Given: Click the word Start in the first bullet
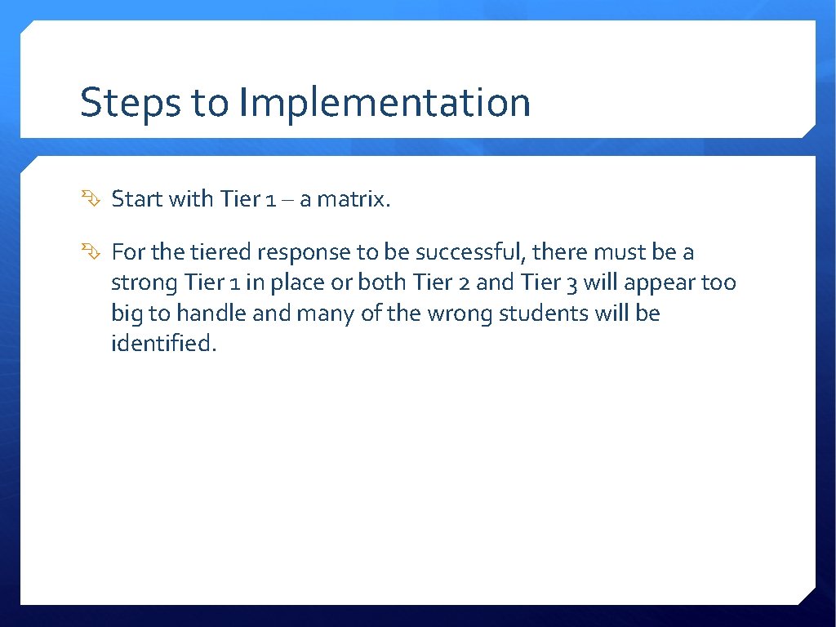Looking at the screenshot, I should click(137, 199).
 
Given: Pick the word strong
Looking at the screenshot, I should click(144, 283).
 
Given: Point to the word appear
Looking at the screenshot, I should click(656, 283).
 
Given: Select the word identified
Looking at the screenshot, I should click(163, 344).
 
